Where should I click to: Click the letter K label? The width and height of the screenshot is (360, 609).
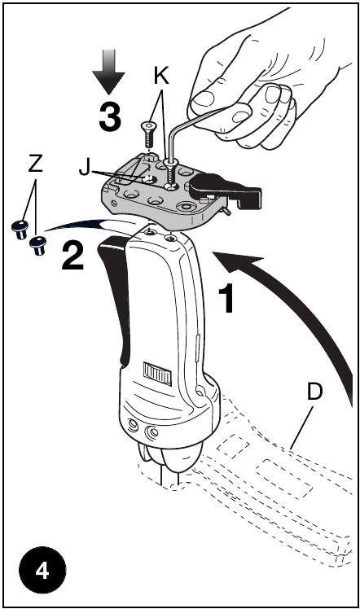[161, 76]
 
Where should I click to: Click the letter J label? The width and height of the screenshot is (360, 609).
[84, 168]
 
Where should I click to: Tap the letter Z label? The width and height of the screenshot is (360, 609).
[35, 164]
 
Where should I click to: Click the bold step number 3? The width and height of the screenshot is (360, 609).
[110, 117]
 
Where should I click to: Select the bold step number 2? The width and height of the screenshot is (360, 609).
[72, 255]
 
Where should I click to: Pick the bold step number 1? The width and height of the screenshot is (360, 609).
[226, 298]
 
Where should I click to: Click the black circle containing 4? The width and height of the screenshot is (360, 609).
[42, 571]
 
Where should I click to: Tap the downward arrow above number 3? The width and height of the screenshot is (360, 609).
[108, 72]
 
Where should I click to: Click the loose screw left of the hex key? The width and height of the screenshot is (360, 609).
[148, 134]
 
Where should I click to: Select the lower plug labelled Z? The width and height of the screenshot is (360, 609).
[38, 245]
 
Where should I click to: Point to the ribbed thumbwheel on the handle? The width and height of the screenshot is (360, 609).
[158, 373]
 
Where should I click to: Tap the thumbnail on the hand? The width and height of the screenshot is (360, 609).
[204, 98]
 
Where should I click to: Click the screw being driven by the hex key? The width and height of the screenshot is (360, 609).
[170, 173]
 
